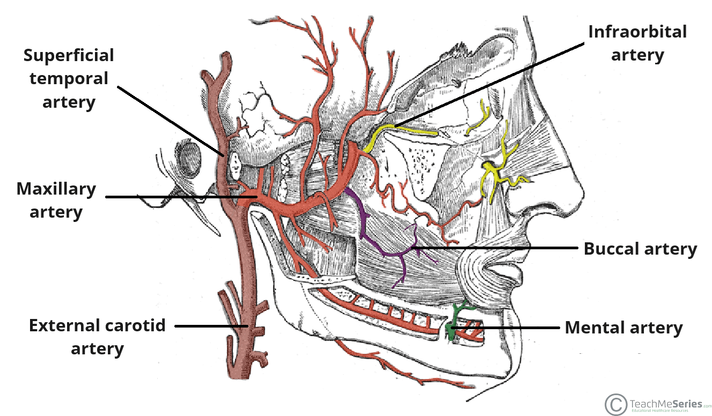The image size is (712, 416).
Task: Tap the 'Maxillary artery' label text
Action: pos(56,200)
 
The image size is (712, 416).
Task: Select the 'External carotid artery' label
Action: pos(97,337)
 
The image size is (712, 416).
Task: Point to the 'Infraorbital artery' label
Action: pos(637,43)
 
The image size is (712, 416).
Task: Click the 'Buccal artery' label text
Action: pos(640,249)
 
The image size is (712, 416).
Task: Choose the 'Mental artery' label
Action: pos(624,328)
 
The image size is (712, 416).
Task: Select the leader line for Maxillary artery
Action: pos(177,197)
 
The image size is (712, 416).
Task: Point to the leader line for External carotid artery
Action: pos(209,325)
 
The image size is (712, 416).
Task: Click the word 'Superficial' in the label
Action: pos(69,55)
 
